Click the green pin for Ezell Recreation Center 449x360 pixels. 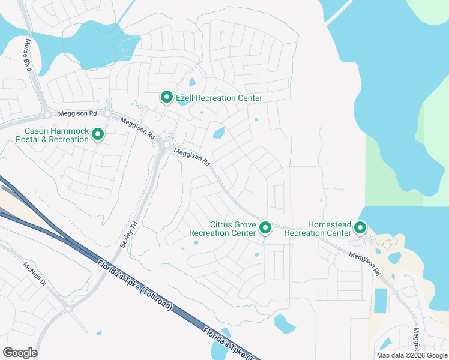166,97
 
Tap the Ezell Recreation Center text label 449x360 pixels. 218,98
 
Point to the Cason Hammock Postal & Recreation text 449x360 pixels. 56,135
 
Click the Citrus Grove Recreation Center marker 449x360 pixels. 265,227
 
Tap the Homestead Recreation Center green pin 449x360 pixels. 360,227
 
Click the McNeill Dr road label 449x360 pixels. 35,274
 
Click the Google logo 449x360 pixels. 20,353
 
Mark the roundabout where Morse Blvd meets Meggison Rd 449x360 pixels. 47,114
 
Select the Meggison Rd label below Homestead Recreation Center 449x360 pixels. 365,263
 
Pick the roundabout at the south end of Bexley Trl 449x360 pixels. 68,309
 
